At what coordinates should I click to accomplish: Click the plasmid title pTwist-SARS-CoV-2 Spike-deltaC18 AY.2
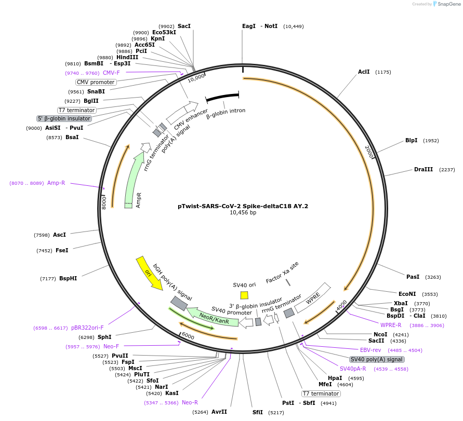(x=243, y=206)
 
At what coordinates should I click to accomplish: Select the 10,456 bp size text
(x=243, y=213)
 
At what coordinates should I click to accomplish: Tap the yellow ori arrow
(x=149, y=273)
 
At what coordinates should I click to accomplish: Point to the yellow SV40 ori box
(x=244, y=295)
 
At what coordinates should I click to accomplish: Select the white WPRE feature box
(x=313, y=297)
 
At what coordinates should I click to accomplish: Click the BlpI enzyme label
(x=411, y=140)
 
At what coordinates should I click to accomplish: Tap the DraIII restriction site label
(x=423, y=170)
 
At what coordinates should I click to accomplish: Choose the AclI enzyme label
(x=364, y=72)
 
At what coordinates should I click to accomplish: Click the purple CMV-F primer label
(x=111, y=73)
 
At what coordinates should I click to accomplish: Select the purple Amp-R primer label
(x=56, y=183)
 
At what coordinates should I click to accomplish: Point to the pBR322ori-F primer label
(x=87, y=328)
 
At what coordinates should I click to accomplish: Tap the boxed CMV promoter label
(x=96, y=82)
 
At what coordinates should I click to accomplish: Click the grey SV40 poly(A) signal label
(x=376, y=359)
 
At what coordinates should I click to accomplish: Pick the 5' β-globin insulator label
(x=64, y=118)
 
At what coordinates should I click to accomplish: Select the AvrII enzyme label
(x=219, y=412)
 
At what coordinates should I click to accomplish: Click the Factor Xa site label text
(x=282, y=272)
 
